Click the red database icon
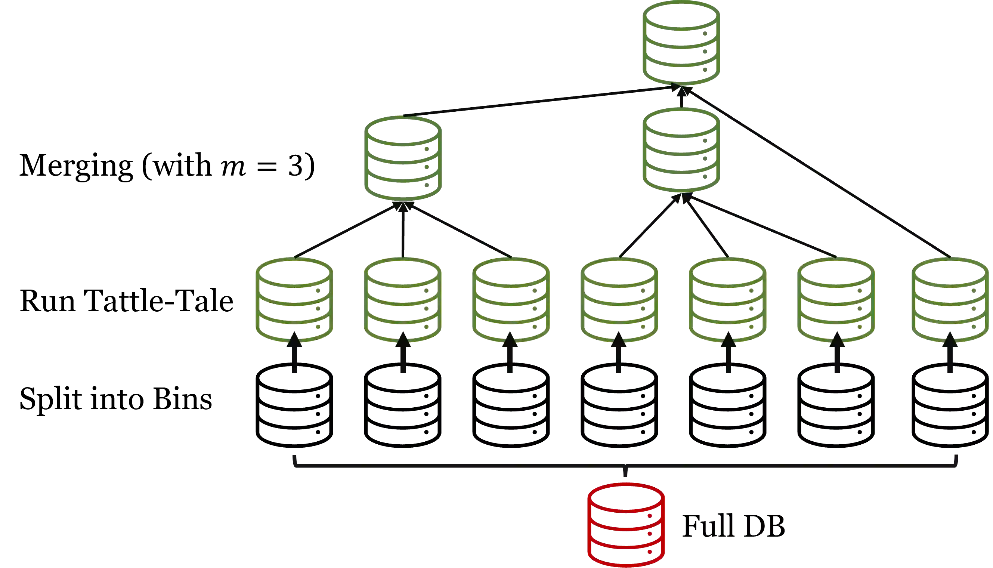point(626,525)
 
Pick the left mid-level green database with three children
point(402,158)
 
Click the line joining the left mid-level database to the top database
point(538,102)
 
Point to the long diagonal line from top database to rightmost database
point(819,172)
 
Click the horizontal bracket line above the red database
point(468,465)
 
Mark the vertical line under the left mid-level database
point(402,230)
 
